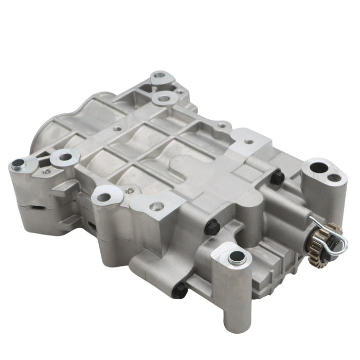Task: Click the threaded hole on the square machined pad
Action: click(x=157, y=206)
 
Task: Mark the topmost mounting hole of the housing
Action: click(x=159, y=79)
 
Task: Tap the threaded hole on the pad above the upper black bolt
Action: click(x=249, y=140)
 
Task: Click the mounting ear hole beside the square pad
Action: click(x=106, y=195)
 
